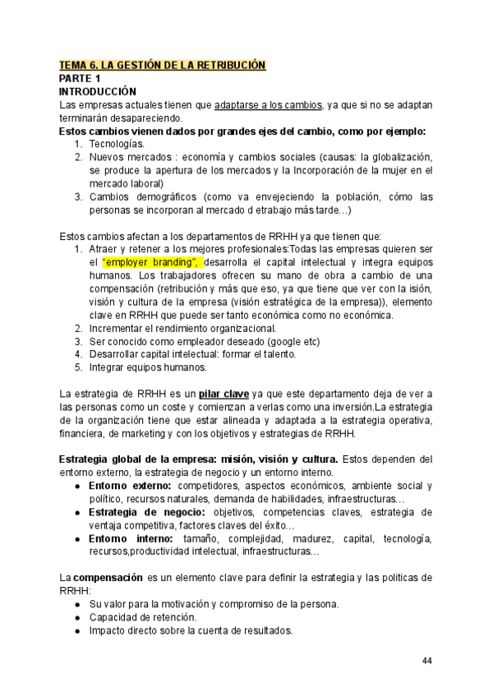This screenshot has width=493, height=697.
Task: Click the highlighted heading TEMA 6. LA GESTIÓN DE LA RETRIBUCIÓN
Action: [x=163, y=64]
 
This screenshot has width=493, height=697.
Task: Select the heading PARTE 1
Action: [x=81, y=78]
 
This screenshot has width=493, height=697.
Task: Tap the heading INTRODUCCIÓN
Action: [x=98, y=91]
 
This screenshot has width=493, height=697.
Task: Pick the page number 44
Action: [x=427, y=661]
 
